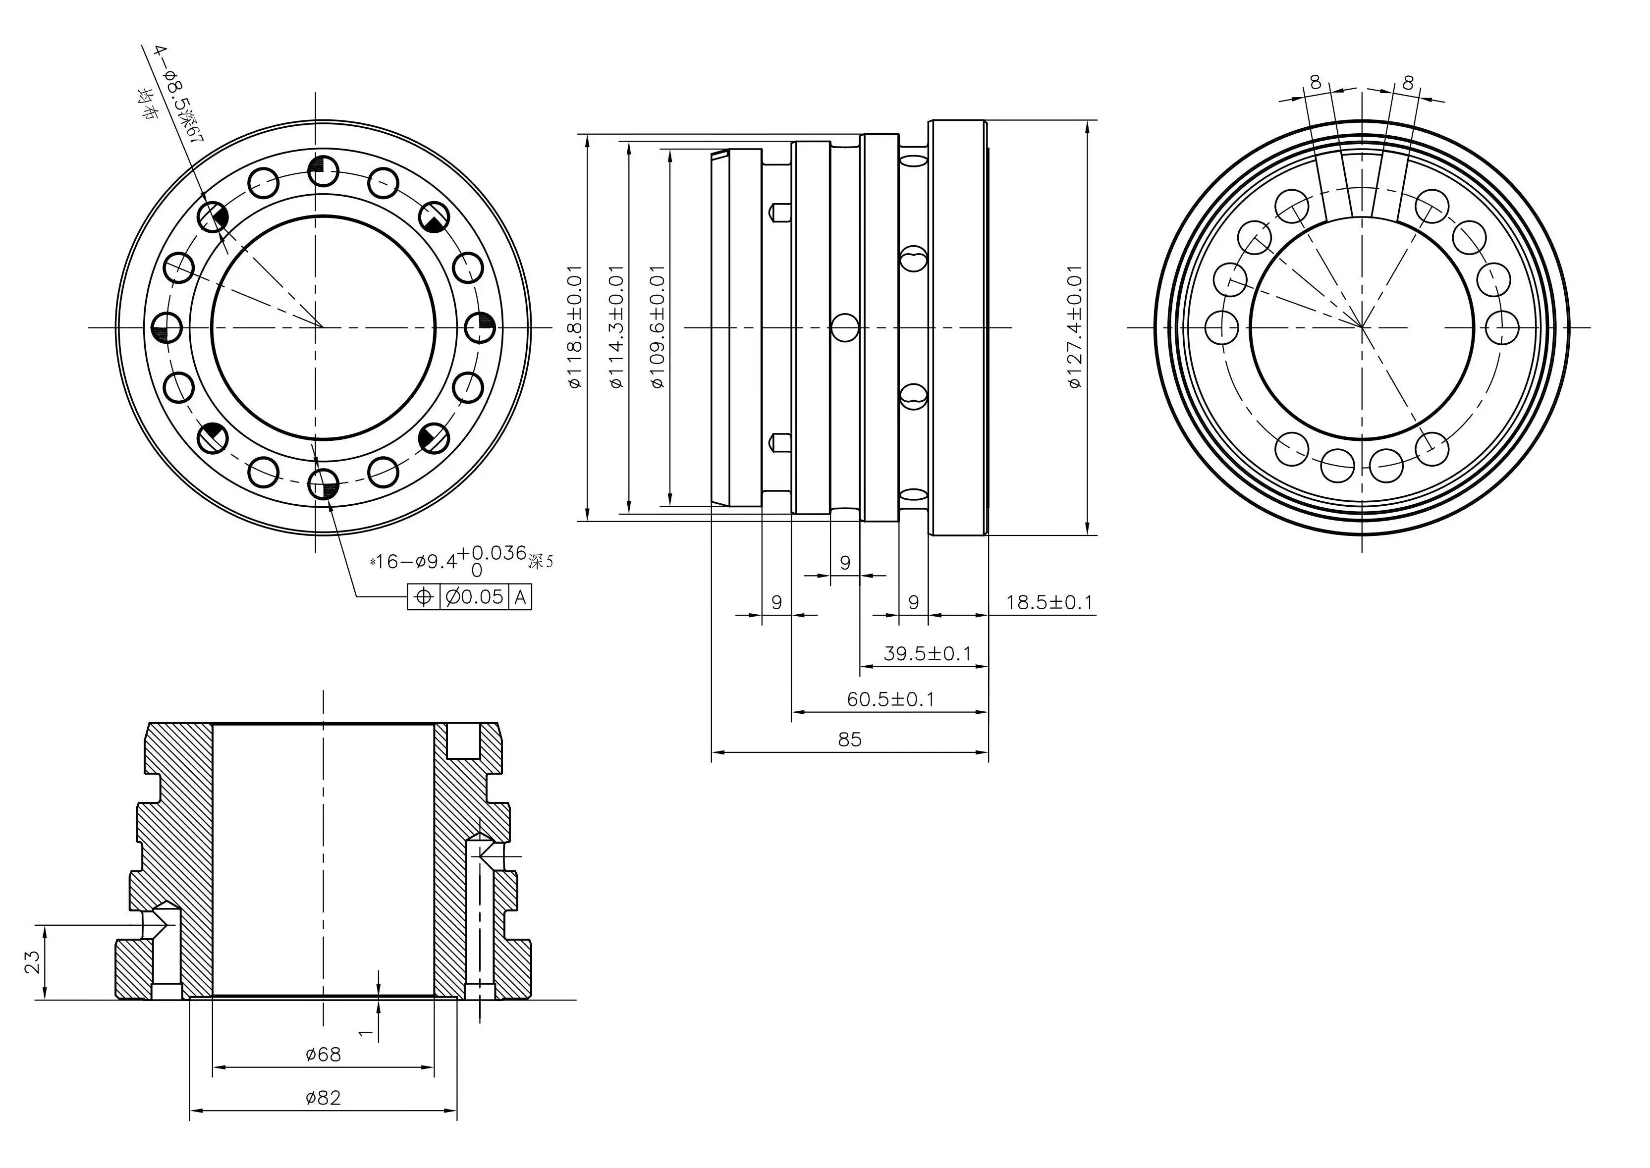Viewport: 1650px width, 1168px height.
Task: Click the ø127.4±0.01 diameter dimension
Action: coord(1075,327)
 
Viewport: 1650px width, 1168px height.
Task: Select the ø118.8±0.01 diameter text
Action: coord(575,327)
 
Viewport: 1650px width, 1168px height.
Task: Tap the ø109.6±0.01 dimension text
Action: coord(658,327)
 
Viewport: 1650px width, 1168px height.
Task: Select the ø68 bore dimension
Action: coord(323,1055)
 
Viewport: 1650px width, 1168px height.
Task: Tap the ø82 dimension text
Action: coord(323,1098)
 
